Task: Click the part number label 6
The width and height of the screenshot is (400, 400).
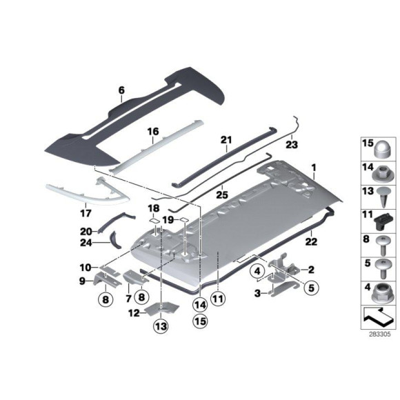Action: click(121, 90)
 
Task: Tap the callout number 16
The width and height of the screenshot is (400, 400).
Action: click(152, 131)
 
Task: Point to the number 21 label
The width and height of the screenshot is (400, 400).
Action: click(225, 140)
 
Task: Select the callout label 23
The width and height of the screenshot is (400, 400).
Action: click(291, 145)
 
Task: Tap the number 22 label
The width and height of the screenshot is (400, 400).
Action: click(311, 241)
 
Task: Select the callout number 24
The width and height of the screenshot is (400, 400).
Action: click(86, 241)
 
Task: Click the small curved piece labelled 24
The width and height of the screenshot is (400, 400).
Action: click(114, 239)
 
